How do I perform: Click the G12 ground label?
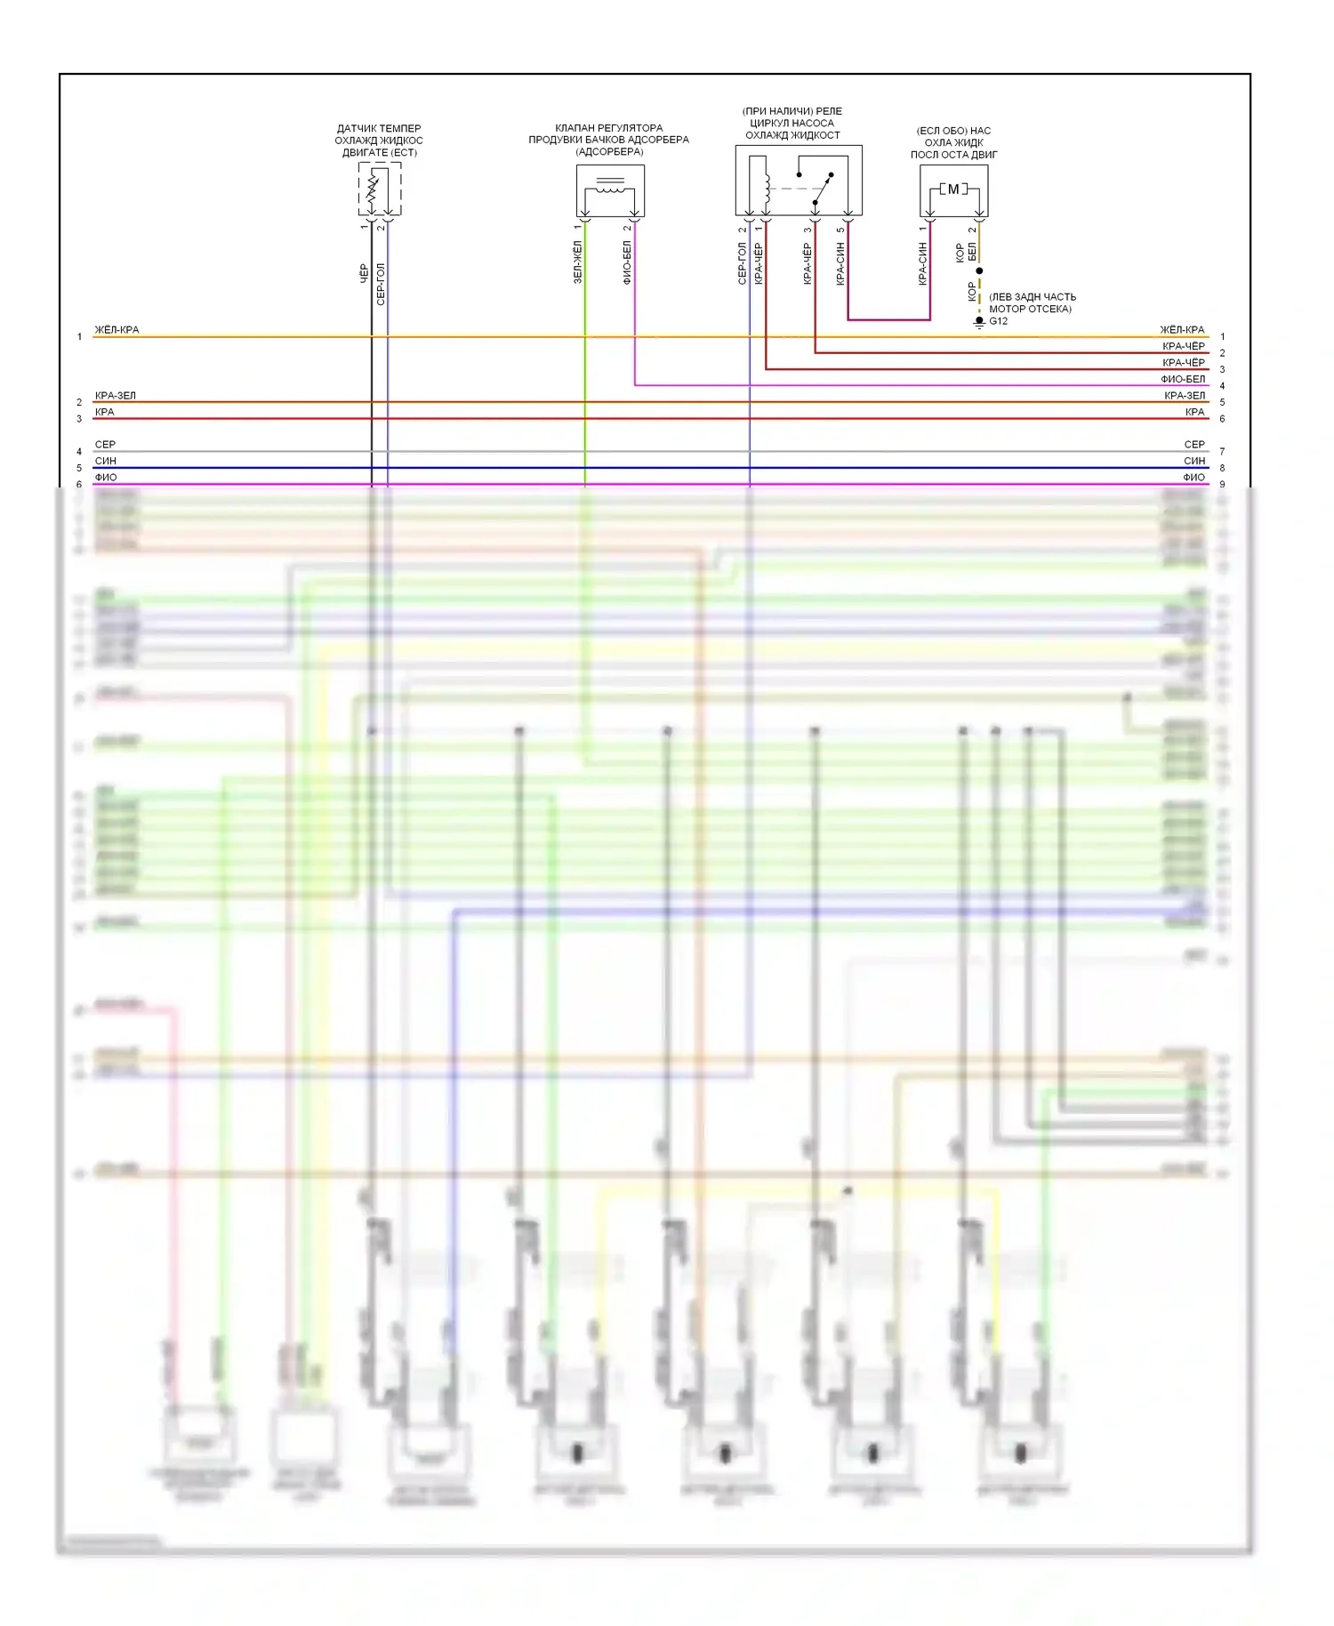(x=998, y=321)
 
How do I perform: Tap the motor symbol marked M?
(x=953, y=189)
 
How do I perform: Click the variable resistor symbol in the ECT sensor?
(x=374, y=188)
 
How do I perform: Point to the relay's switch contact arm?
(x=824, y=189)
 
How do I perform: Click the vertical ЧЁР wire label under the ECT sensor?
(x=364, y=273)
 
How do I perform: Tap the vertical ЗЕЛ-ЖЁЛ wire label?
(x=578, y=262)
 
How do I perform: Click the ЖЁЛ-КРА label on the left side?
(x=117, y=330)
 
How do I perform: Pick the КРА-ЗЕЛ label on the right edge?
(x=1184, y=396)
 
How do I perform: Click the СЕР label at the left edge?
(x=105, y=445)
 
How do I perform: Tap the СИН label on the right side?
(x=1193, y=461)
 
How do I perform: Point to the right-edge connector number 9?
(x=1222, y=485)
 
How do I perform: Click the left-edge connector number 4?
(x=79, y=452)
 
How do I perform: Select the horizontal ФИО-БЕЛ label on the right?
(x=1183, y=379)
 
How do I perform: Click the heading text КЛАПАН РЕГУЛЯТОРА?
(x=608, y=128)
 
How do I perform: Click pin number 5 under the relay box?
(x=840, y=230)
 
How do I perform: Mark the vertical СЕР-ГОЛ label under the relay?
(x=742, y=263)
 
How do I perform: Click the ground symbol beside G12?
(x=979, y=322)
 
